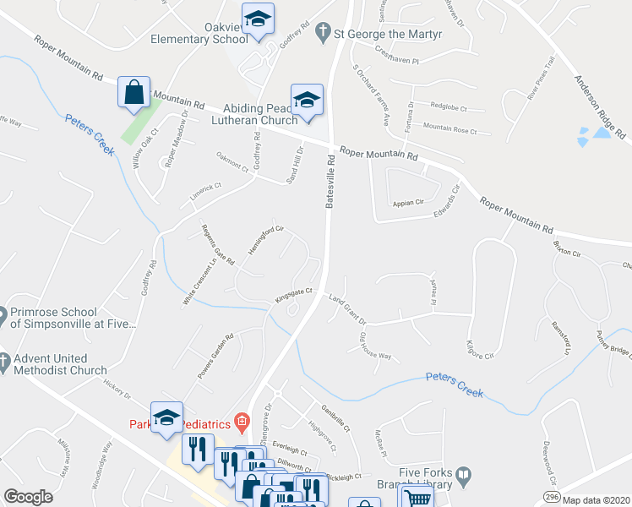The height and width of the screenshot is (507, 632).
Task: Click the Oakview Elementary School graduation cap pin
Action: coord(258,19)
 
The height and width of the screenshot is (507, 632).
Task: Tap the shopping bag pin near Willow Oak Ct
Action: coord(133,92)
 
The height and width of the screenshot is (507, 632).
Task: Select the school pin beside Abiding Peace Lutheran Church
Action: coord(307,100)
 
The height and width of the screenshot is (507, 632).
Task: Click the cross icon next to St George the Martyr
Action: coord(321,33)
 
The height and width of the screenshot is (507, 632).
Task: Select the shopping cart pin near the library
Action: coord(415,497)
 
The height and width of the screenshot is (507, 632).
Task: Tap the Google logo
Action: coord(28,497)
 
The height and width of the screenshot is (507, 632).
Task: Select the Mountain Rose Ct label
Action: coord(449,128)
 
